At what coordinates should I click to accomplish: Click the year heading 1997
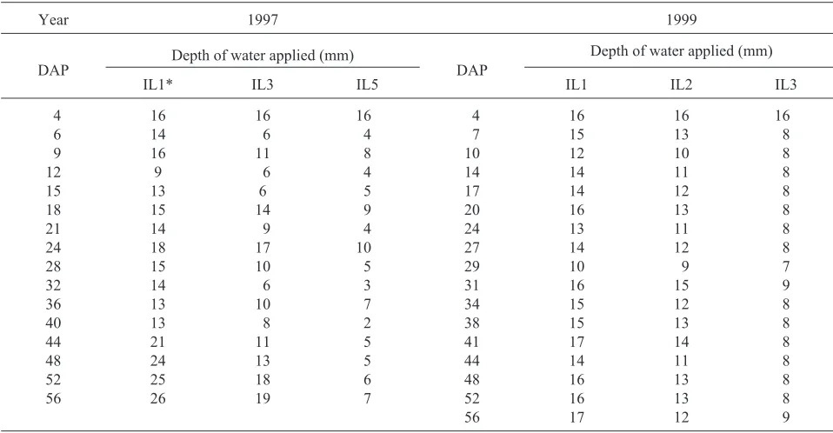point(263,20)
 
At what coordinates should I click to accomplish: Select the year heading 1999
point(681,20)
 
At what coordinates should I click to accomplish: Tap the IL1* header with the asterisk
point(157,84)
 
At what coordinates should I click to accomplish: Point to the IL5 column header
point(367,84)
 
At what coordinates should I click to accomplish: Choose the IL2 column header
point(681,84)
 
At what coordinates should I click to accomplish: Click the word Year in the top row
point(54,20)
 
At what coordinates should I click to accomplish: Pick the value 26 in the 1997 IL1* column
point(157,398)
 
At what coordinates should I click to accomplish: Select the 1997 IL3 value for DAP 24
point(263,248)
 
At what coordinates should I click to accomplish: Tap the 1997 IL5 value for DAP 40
point(367,323)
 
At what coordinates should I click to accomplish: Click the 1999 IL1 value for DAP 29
point(576,266)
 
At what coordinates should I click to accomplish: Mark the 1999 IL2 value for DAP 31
point(681,285)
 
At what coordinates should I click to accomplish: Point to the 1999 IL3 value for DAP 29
point(786,266)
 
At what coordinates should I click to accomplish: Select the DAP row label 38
point(472,323)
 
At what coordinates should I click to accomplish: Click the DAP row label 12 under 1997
point(54,172)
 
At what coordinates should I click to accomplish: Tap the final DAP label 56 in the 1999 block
point(472,417)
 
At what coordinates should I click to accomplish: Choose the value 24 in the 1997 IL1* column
point(157,361)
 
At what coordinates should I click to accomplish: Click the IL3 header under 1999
point(785,84)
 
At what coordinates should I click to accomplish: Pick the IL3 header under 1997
point(263,84)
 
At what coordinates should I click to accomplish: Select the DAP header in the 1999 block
point(472,70)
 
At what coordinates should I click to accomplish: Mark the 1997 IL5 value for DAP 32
point(367,285)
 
